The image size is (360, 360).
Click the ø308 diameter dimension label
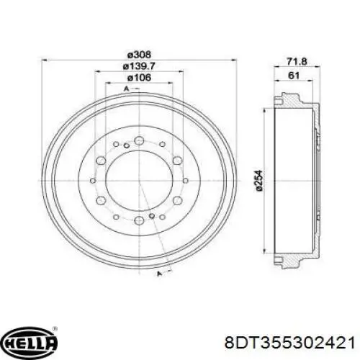coord(139,55)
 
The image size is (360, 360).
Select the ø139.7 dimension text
coord(139,66)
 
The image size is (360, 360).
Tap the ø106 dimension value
coord(139,78)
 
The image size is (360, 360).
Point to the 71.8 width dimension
coord(297,62)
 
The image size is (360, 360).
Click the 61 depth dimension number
coord(294,76)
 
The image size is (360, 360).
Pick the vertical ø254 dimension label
coord(259,181)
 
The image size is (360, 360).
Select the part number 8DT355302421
coord(289,343)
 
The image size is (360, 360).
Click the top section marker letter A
coord(127,89)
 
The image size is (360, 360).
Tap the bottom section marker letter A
coord(158,274)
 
